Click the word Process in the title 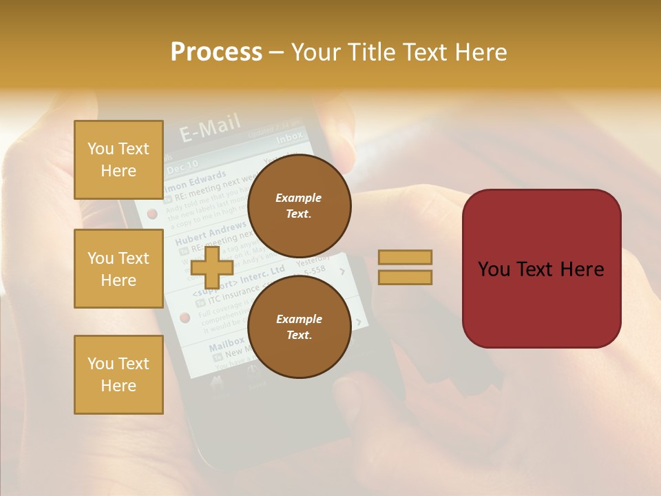coord(216,52)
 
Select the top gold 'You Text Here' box coord(118,160)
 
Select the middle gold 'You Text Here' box coord(118,269)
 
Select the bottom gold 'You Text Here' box coord(118,375)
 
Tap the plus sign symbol coord(213,267)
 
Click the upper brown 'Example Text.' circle coord(299,205)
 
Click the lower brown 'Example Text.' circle coord(299,327)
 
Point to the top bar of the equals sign coord(405,258)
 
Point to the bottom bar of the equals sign coord(405,277)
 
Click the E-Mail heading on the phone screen coord(210,127)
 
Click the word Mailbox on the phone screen coord(226,343)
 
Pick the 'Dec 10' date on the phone coord(182,165)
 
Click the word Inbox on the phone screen coord(289,138)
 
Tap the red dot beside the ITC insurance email coord(185,318)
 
